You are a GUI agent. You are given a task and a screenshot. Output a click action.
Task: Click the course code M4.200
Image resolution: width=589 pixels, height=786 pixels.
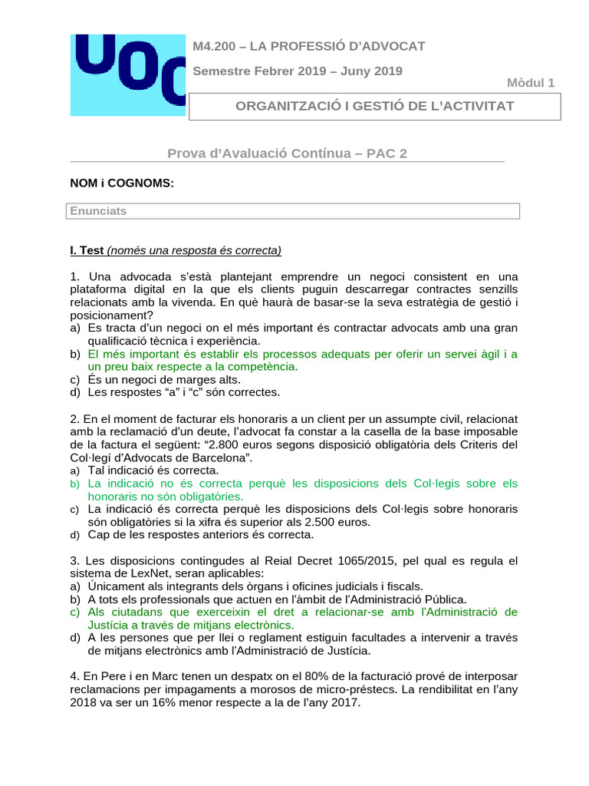(216, 46)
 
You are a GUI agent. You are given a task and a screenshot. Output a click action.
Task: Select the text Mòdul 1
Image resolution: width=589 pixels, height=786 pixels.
(531, 83)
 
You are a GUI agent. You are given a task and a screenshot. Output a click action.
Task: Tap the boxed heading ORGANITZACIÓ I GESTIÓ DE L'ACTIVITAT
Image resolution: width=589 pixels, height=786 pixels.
(374, 105)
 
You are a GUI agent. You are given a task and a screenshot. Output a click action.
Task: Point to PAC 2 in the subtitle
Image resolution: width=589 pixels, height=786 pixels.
(387, 153)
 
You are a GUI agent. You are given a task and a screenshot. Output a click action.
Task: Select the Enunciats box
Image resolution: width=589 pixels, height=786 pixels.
(294, 210)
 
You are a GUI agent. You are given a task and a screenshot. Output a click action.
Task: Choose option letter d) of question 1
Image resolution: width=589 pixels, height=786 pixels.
(75, 392)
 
